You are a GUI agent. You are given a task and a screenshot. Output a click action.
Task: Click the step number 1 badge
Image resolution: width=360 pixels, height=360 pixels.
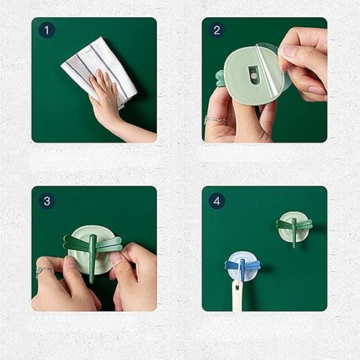pos(47,31)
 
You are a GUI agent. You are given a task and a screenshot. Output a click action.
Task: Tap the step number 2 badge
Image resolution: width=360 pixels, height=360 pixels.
pos(217,31)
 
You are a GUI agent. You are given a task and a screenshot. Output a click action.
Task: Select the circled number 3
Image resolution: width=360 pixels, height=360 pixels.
pos(47,201)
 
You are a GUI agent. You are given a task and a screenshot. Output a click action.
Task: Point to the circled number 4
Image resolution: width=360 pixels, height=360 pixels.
pos(217,201)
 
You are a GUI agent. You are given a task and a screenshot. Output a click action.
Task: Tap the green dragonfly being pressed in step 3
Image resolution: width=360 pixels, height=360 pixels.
pos(92,248)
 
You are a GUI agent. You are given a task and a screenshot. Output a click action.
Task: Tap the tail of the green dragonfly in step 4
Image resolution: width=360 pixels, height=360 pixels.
pos(294,240)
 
